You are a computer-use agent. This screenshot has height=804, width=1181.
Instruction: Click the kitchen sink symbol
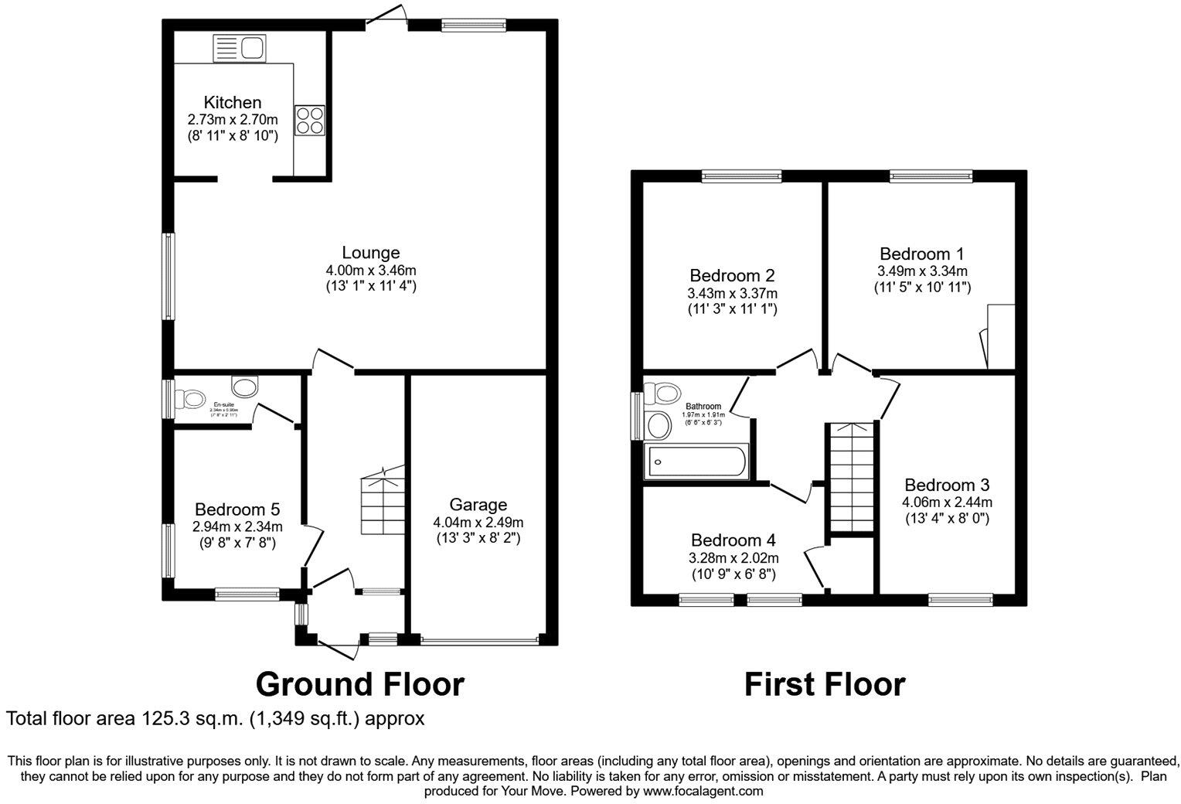tap(239, 48)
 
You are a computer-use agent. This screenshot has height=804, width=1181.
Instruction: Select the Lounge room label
tap(371, 252)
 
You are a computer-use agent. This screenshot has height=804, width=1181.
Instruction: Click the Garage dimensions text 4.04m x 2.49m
tap(478, 522)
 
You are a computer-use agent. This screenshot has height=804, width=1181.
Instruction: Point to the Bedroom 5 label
tap(237, 509)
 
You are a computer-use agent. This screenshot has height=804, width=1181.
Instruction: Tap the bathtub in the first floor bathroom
tap(695, 462)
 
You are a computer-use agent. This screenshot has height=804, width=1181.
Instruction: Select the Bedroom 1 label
tap(921, 254)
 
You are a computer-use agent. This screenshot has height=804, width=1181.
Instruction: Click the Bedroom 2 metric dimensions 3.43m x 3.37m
tap(732, 293)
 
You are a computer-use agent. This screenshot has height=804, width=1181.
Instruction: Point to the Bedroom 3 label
tap(947, 485)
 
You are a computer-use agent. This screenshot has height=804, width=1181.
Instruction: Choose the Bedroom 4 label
tap(733, 540)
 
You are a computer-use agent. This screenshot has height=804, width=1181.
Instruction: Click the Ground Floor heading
tap(359, 684)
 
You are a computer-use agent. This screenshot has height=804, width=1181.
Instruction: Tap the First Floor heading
tap(824, 684)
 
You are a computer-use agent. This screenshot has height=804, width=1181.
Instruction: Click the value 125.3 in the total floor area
tap(162, 718)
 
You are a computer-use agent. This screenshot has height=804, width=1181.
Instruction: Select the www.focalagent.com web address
tap(703, 791)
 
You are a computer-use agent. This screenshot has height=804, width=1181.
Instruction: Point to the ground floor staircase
tap(383, 502)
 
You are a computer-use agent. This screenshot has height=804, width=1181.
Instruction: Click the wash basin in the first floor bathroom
tap(659, 424)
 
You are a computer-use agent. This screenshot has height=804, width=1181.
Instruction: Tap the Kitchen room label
tap(232, 102)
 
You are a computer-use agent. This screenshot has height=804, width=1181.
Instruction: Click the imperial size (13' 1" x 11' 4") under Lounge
tap(371, 285)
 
